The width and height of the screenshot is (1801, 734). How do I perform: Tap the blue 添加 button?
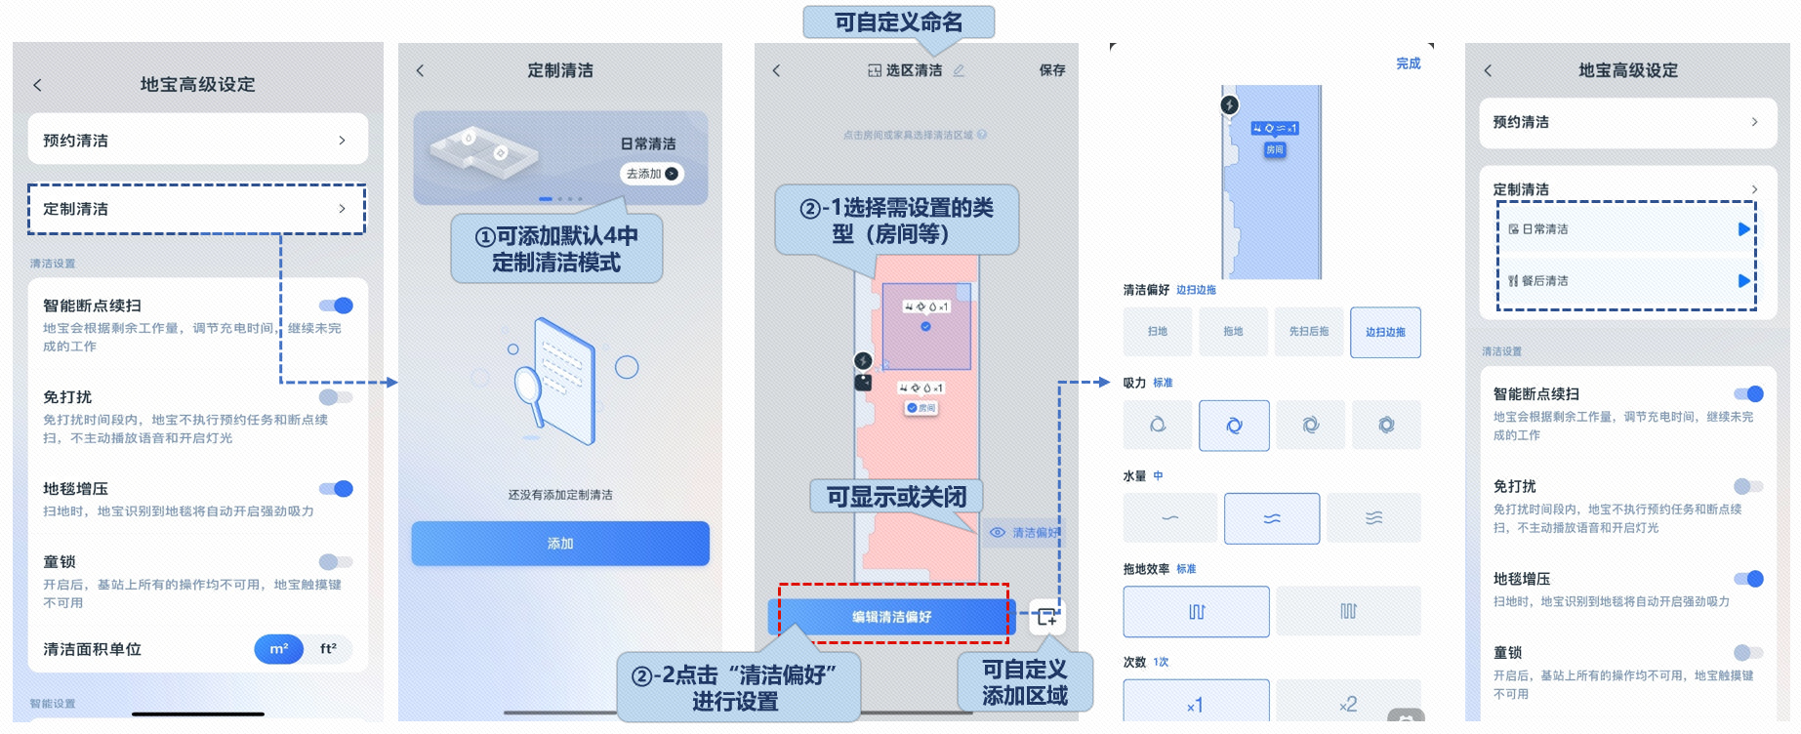(x=560, y=544)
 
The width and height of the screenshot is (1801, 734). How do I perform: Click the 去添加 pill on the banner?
(x=651, y=174)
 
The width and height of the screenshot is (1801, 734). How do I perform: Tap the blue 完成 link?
(x=1408, y=64)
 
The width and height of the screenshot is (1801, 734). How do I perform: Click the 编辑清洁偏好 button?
(x=891, y=617)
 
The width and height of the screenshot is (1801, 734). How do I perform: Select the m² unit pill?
(x=279, y=649)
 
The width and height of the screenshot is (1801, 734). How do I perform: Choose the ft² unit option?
(x=328, y=649)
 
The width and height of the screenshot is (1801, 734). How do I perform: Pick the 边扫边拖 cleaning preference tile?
(x=1385, y=332)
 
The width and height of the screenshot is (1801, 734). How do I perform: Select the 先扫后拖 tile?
(x=1309, y=332)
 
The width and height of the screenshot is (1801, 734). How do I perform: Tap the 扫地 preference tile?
(x=1158, y=332)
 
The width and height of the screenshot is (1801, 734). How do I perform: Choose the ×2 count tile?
(x=1348, y=704)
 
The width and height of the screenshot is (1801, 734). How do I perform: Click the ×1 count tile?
(x=1196, y=704)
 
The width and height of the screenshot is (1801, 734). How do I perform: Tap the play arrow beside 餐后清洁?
(x=1743, y=281)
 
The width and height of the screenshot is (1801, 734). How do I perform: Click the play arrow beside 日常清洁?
(x=1743, y=229)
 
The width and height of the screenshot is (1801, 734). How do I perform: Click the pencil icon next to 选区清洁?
(x=959, y=70)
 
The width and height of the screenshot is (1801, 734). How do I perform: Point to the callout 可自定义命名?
(x=898, y=22)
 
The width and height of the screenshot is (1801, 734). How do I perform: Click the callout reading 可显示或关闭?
(x=896, y=497)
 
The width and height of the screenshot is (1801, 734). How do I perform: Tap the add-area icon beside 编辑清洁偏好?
(x=1046, y=617)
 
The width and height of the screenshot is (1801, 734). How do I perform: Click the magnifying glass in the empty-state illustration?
(x=528, y=385)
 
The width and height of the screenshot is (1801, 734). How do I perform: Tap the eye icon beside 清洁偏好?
(x=998, y=533)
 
